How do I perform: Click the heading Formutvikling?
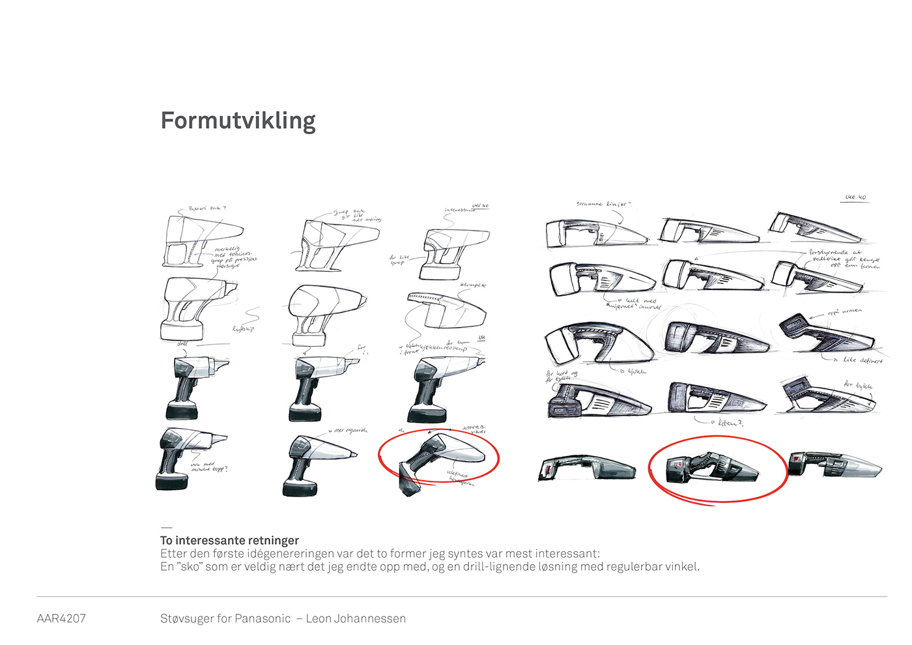238,121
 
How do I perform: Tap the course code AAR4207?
61,618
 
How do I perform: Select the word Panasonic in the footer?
263,618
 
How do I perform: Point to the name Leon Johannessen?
356,618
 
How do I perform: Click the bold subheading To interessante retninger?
229,540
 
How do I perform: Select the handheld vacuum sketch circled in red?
713,468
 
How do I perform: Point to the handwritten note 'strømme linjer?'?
603,204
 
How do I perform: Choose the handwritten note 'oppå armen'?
844,312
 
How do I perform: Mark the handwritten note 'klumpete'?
473,285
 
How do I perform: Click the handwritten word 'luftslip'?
243,328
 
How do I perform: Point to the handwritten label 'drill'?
182,343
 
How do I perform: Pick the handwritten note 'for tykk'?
858,385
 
